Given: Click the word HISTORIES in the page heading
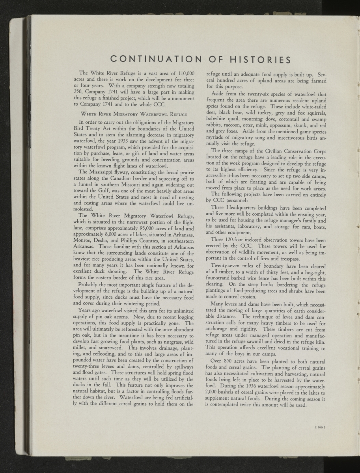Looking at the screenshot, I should click(x=255, y=60).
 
